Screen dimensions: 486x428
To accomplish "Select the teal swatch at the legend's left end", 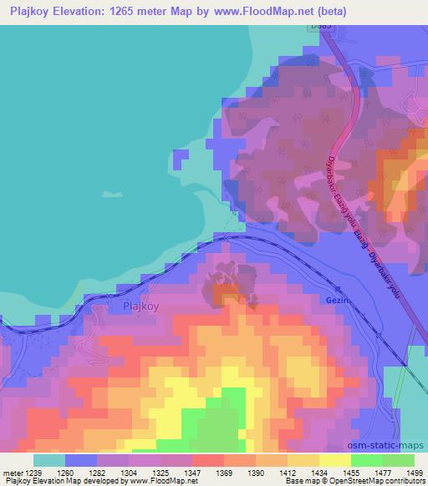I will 48,460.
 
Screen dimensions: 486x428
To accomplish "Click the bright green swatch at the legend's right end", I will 399,460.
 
